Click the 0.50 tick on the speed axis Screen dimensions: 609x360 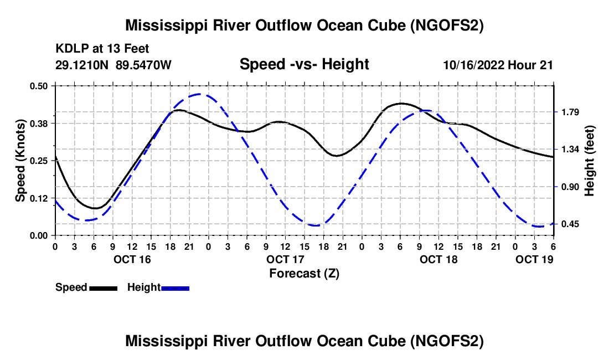coord(39,86)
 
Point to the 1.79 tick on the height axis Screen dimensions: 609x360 coord(570,112)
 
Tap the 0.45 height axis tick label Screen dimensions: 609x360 coord(570,224)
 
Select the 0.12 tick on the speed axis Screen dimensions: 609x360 coord(39,198)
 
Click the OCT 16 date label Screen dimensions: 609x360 coord(132,259)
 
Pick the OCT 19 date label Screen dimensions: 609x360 coord(534,259)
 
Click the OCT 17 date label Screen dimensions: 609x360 coord(285,259)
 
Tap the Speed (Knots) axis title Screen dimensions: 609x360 coord(20,161)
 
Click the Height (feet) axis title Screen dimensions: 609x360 coord(589,161)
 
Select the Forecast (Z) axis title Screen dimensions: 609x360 coord(304,274)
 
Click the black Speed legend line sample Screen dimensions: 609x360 coord(104,288)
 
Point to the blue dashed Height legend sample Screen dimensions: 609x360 coord(175,288)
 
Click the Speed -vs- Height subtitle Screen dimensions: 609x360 coord(304,64)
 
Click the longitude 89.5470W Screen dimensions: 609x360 coord(143,65)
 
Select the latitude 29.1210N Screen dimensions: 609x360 coord(82,65)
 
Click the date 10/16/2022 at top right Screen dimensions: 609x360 coord(473,65)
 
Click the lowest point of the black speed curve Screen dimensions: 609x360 coord(95,208)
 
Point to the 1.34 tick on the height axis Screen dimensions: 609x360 coord(570,150)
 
